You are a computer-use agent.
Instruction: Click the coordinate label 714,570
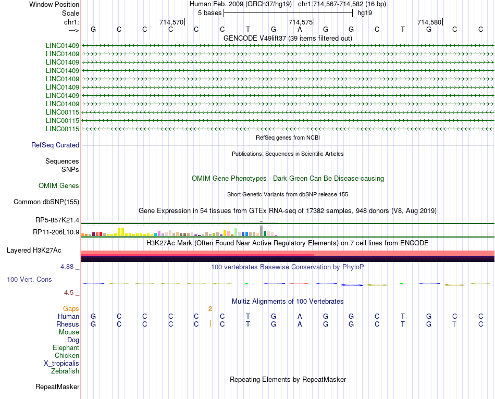pos(171,22)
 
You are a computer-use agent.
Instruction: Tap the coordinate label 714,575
pos(301,22)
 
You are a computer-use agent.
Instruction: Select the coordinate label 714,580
pos(429,22)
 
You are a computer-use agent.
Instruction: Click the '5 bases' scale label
pos(209,13)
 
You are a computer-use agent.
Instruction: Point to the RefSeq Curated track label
pos(55,145)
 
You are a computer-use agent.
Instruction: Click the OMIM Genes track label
pos(59,185)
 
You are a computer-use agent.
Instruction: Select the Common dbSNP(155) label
pos(46,202)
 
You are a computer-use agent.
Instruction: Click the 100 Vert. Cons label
pos(29,280)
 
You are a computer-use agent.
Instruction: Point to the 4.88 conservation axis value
pos(69,266)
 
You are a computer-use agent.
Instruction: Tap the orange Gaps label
pos(71,308)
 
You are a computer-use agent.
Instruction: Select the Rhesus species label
pos(68,324)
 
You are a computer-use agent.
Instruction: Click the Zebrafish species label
pos(65,371)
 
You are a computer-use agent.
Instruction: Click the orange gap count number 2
pos(210,308)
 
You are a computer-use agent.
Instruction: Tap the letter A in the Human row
pos(300,316)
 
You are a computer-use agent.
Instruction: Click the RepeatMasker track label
pos(57,386)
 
